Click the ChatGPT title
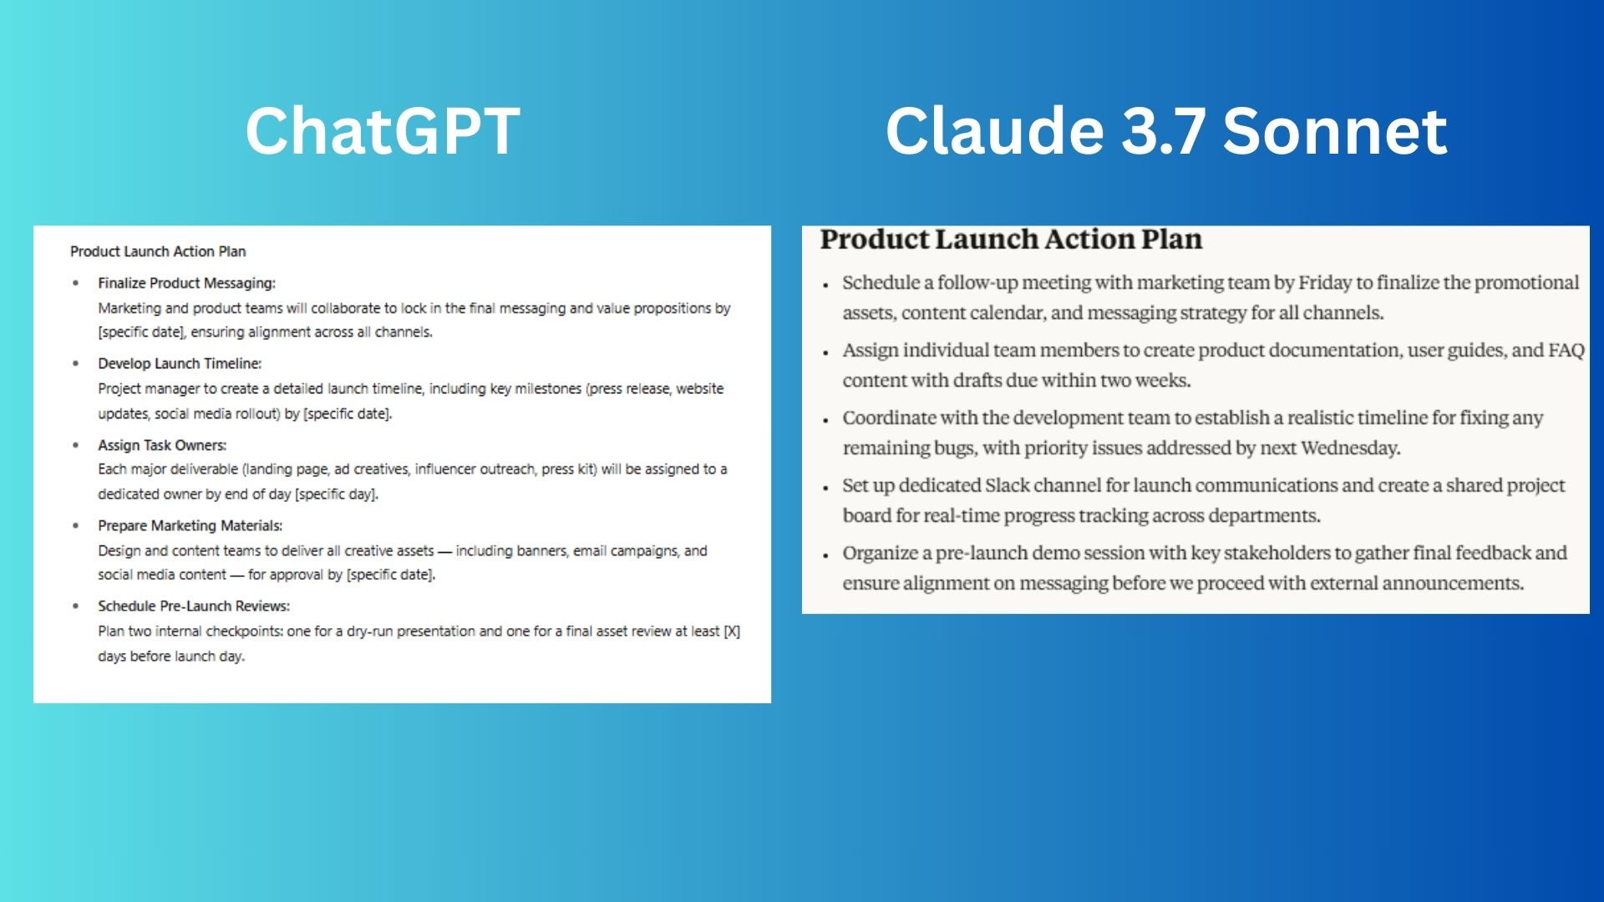[x=383, y=131]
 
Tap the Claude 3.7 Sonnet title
[x=1166, y=131]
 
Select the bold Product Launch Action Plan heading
[x=1011, y=240]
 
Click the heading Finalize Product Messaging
[x=186, y=283]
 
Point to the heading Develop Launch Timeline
[x=180, y=363]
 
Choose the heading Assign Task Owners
[x=162, y=445]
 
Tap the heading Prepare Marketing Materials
[x=190, y=525]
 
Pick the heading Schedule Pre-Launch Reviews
[x=194, y=606]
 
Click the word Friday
[x=1325, y=282]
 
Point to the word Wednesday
[x=1350, y=448]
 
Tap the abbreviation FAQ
[x=1566, y=350]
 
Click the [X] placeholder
[x=732, y=631]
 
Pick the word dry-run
[x=369, y=632]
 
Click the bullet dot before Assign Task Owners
[x=76, y=446]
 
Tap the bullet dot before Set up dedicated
[x=825, y=488]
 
